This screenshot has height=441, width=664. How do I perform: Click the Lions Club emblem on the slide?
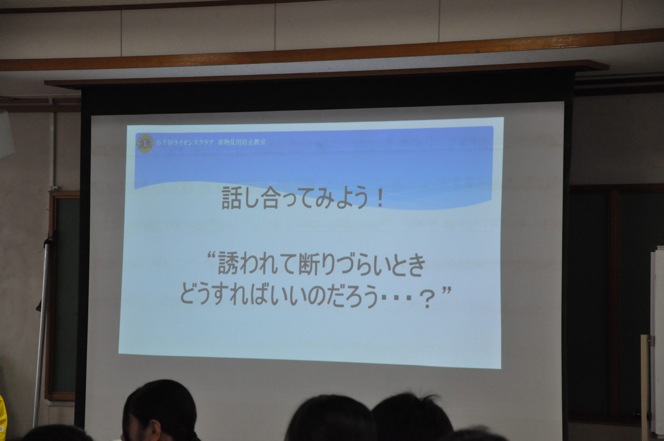(145, 143)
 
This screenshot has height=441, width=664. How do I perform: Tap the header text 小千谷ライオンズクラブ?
(184, 142)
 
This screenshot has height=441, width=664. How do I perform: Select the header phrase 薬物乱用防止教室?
(241, 142)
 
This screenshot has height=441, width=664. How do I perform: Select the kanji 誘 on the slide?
(228, 263)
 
